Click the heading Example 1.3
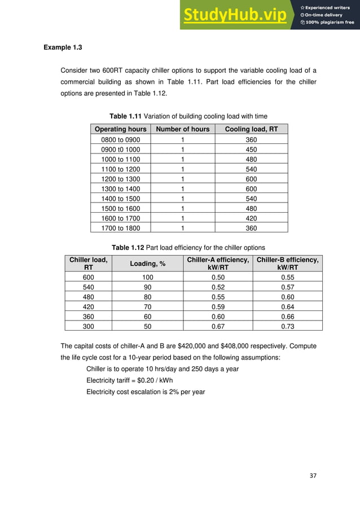pyautogui.click(x=63, y=47)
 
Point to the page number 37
pyautogui.click(x=313, y=475)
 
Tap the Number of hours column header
pyautogui.click(x=182, y=129)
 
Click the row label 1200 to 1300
pyautogui.click(x=121, y=178)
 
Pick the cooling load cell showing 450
pyautogui.click(x=251, y=149)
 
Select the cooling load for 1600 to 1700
pyautogui.click(x=251, y=218)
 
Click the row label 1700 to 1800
pyautogui.click(x=121, y=228)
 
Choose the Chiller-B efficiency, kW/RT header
pyautogui.click(x=287, y=264)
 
